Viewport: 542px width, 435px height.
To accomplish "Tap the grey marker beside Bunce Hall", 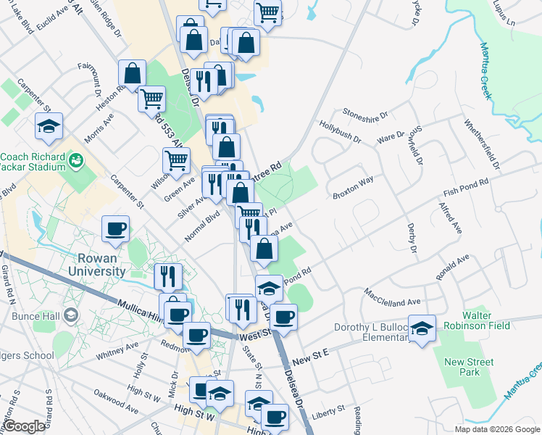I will [71, 315].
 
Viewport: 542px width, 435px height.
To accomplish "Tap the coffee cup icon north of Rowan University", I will [116, 230].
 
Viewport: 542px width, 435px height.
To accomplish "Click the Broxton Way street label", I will [353, 186].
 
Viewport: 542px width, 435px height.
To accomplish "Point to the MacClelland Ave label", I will [393, 297].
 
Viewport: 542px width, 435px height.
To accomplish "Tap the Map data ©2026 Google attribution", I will [496, 429].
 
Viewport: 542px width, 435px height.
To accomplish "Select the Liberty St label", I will [328, 412].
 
